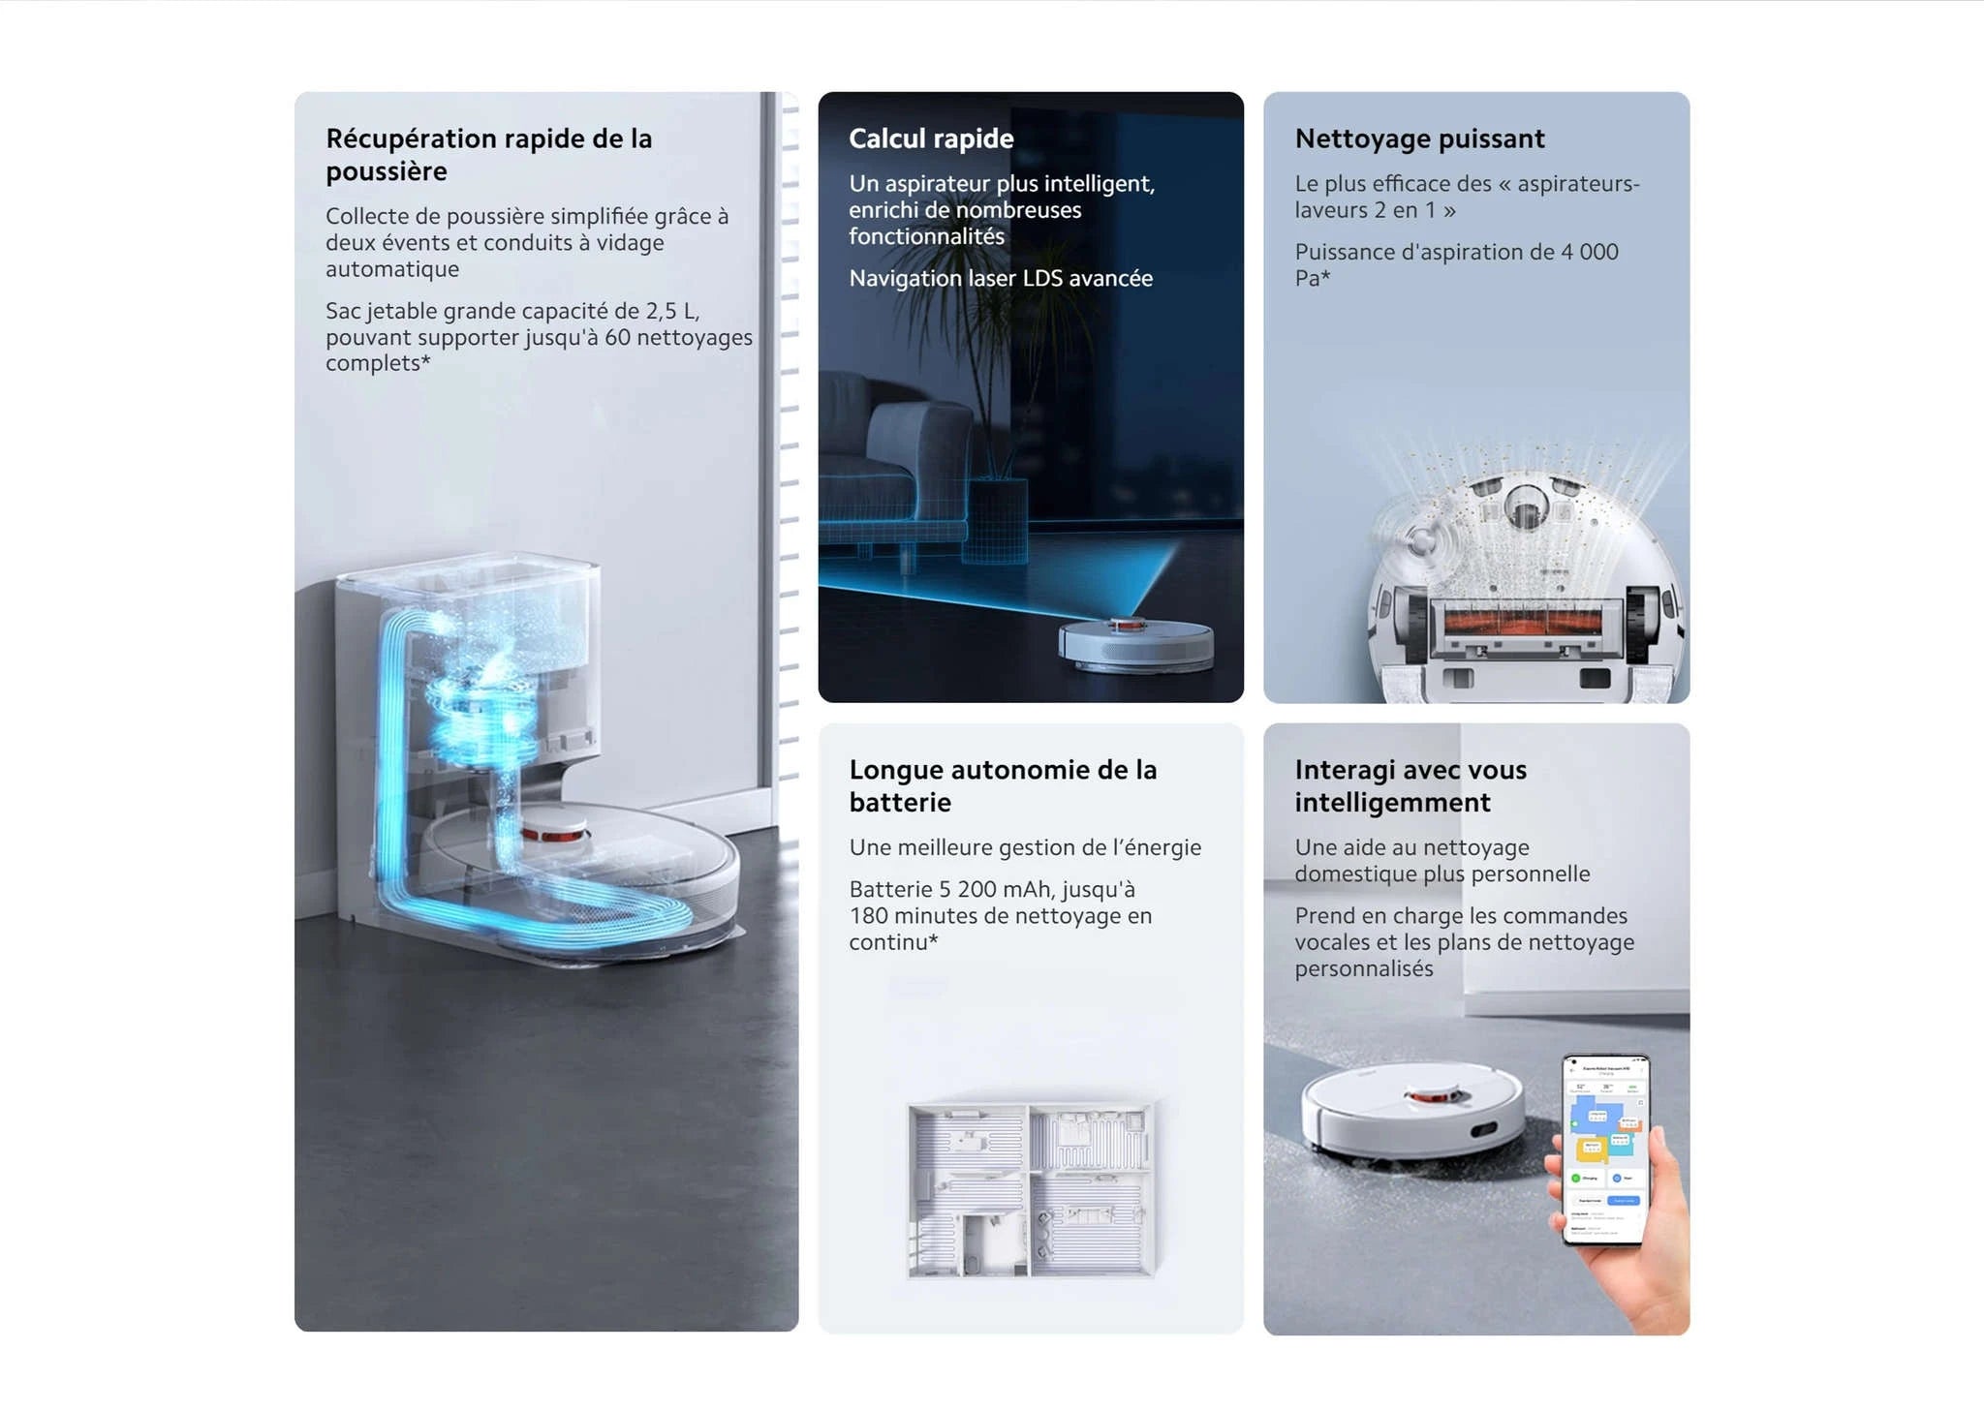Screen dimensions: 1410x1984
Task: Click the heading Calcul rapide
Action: click(x=930, y=138)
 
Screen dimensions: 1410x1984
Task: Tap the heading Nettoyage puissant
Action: click(x=1418, y=138)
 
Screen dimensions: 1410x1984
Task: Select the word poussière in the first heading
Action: click(x=386, y=171)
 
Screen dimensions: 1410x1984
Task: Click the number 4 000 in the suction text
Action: click(x=1589, y=252)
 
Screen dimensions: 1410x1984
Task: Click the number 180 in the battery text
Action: click(x=868, y=916)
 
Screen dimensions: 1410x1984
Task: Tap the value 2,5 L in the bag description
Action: click(x=670, y=311)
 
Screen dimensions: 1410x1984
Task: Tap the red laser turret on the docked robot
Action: click(x=553, y=832)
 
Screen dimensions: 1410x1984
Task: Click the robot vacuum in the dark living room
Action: click(x=1134, y=643)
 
